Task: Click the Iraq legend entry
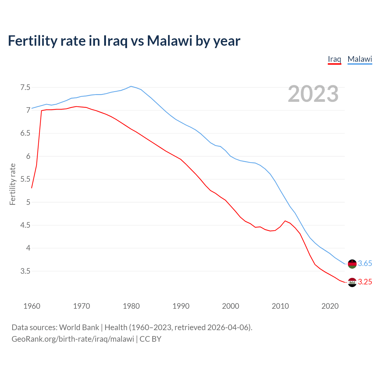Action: pyautogui.click(x=334, y=59)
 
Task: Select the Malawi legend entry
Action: pyautogui.click(x=360, y=59)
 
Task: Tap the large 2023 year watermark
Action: pyautogui.click(x=313, y=94)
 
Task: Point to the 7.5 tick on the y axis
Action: pyautogui.click(x=25, y=87)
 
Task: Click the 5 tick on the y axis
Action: pyautogui.click(x=28, y=202)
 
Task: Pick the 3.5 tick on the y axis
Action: pyautogui.click(x=25, y=271)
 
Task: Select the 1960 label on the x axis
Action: pyautogui.click(x=32, y=306)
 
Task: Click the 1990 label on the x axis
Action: pyautogui.click(x=181, y=306)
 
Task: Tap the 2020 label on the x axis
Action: pyautogui.click(x=330, y=306)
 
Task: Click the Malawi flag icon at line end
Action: pyautogui.click(x=352, y=264)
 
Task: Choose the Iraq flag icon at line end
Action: pyautogui.click(x=352, y=282)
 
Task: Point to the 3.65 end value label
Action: pyautogui.click(x=365, y=264)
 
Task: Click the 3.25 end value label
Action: pyautogui.click(x=365, y=282)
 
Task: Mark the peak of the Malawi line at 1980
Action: pyautogui.click(x=131, y=86)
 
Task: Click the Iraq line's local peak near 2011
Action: pyautogui.click(x=285, y=221)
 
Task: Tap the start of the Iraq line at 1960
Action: pyautogui.click(x=32, y=188)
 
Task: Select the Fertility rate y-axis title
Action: pyautogui.click(x=12, y=184)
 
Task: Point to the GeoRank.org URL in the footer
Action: pyautogui.click(x=73, y=339)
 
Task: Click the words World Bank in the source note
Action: pyautogui.click(x=79, y=327)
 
